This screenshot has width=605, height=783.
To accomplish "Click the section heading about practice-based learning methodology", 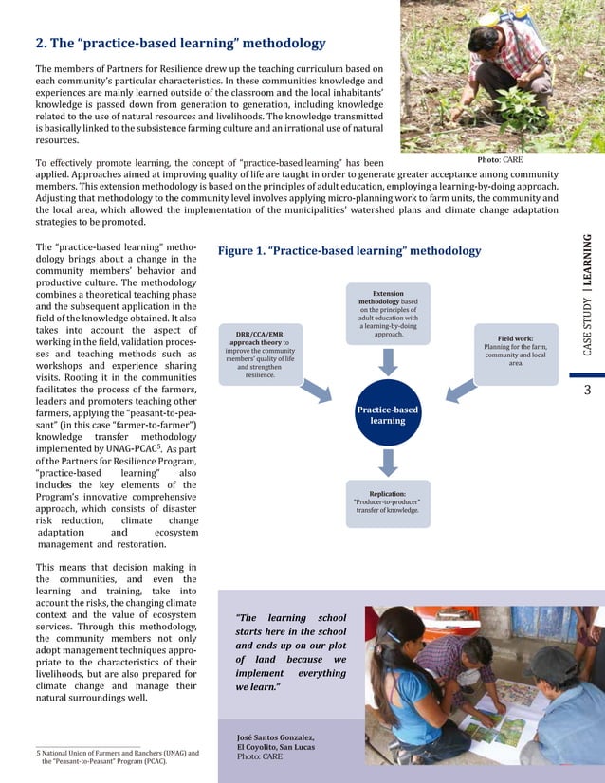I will point(180,43).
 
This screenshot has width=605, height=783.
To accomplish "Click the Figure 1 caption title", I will point(349,251).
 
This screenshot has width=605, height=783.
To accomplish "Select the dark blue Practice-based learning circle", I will point(387,414).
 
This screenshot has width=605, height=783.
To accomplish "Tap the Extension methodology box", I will point(387,314).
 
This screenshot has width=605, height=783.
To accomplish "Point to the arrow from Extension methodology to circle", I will point(387,361).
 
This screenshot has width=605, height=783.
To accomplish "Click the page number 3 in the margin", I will point(588,391).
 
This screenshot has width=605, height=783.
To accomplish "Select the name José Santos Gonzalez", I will point(276,737).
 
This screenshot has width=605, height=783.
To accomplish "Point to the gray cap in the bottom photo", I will point(549,661).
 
